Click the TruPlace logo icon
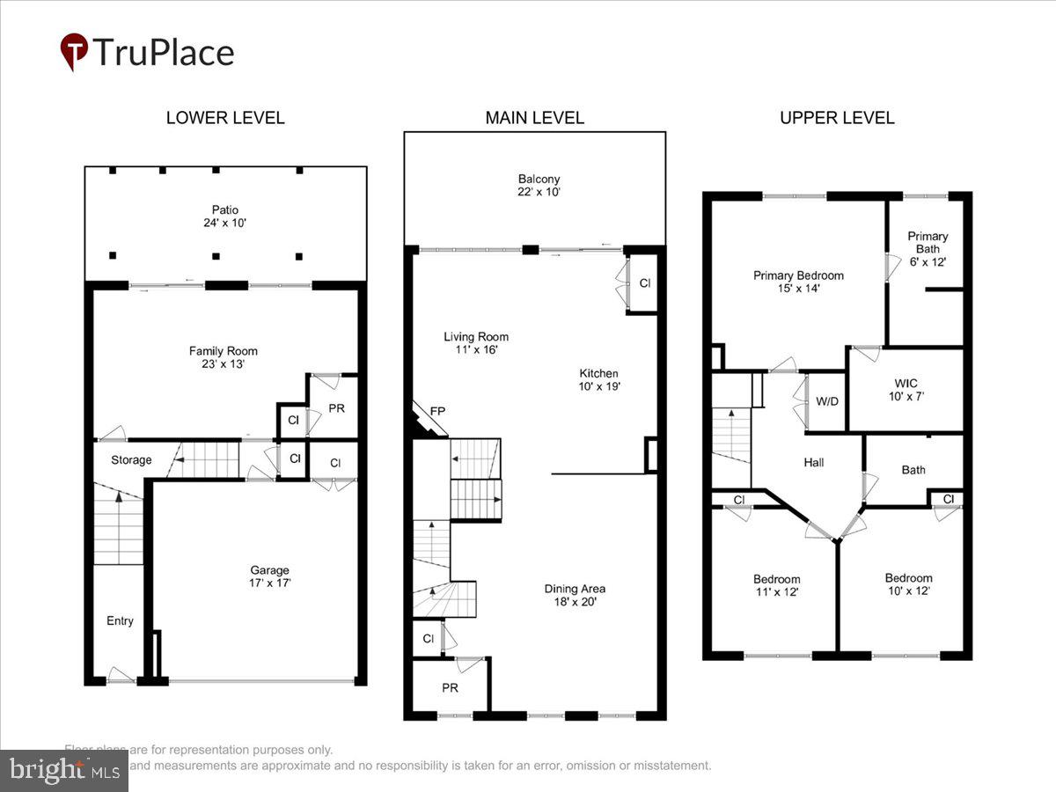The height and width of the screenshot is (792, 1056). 74,52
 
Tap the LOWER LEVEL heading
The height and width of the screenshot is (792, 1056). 225,118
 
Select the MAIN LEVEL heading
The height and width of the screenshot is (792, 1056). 534,118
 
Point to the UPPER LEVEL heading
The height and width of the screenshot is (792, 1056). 837,118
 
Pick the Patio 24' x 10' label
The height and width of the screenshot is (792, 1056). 224,216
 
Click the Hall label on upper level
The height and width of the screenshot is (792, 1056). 814,462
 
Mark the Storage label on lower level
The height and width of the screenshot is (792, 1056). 131,459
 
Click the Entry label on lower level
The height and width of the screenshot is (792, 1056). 120,620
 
